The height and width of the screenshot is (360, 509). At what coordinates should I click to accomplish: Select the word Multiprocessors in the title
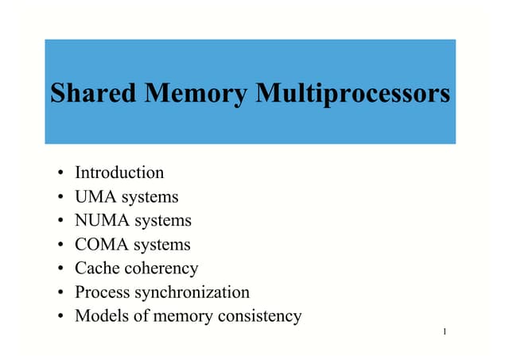352,94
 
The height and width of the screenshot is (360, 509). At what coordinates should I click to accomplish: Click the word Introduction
119,172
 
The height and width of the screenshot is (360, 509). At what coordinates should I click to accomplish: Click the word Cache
95,268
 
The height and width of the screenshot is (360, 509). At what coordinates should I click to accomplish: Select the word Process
100,292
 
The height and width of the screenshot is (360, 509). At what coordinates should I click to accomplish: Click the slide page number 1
446,330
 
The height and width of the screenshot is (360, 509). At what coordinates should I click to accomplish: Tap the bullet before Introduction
61,173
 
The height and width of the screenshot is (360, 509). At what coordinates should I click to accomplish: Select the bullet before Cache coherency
61,269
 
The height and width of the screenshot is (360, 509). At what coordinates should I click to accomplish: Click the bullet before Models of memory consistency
61,316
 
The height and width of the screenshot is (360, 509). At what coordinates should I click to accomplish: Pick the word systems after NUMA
163,221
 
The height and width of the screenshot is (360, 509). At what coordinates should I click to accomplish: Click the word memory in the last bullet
179,316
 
